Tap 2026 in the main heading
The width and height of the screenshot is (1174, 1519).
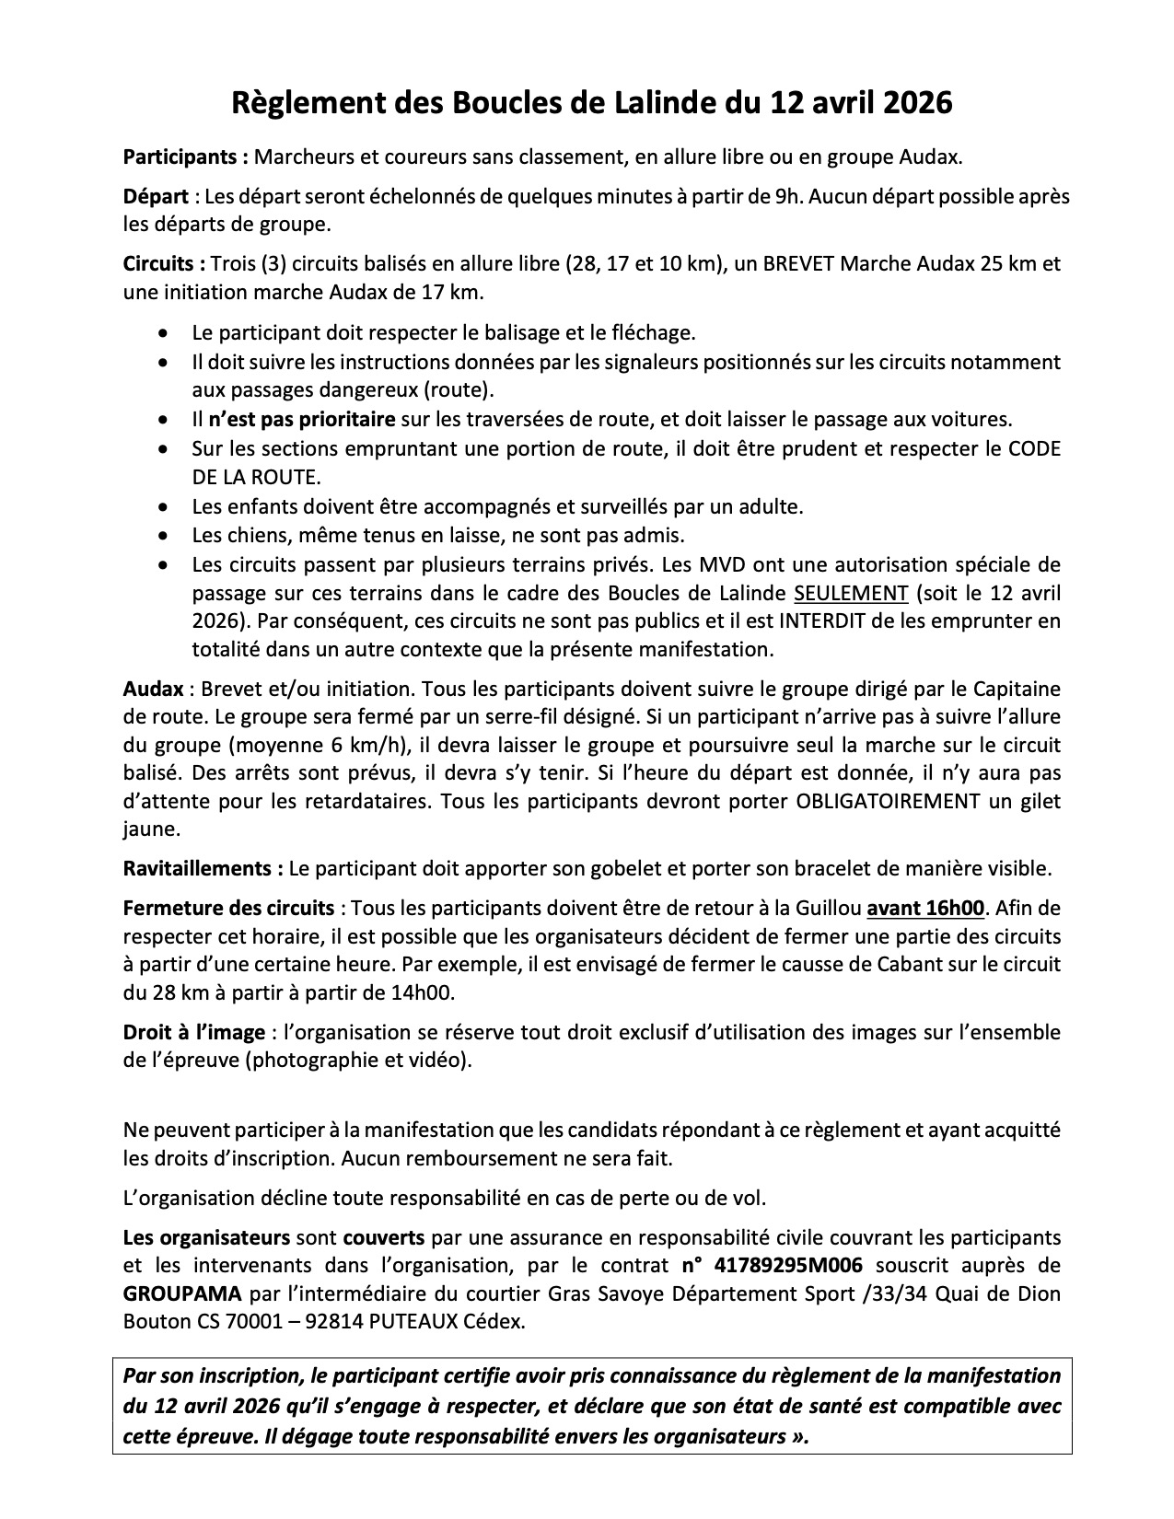909,102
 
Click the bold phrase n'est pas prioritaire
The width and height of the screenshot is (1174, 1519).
301,420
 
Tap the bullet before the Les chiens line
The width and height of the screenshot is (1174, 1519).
163,535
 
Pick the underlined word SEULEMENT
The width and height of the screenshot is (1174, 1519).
851,592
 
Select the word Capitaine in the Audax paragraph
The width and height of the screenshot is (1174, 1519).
1015,689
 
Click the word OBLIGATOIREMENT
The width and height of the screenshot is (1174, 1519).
887,801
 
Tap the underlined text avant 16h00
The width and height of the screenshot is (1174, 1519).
926,909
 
